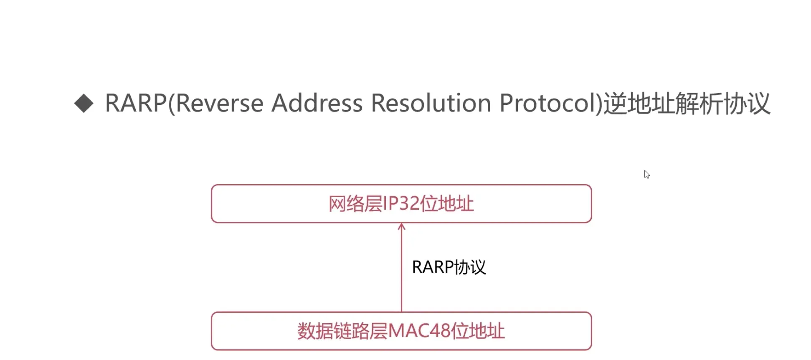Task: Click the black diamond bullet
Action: (x=84, y=103)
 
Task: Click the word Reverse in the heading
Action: (x=220, y=103)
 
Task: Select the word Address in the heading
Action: (x=317, y=103)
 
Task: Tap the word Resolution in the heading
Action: (x=431, y=103)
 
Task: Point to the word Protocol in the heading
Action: (x=547, y=103)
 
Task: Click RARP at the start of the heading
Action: (x=136, y=103)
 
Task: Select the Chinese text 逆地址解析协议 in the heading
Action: (x=687, y=103)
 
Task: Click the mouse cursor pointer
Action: (x=646, y=174)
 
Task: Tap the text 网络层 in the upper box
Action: (x=355, y=204)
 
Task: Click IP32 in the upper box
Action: (x=400, y=204)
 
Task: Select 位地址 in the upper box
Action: (x=446, y=204)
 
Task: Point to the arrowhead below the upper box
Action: (x=401, y=227)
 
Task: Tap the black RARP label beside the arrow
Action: (x=432, y=267)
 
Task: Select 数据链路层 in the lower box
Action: (x=342, y=331)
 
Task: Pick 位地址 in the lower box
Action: (x=478, y=331)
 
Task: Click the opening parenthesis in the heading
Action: (x=171, y=104)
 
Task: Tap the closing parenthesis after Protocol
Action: (x=599, y=104)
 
